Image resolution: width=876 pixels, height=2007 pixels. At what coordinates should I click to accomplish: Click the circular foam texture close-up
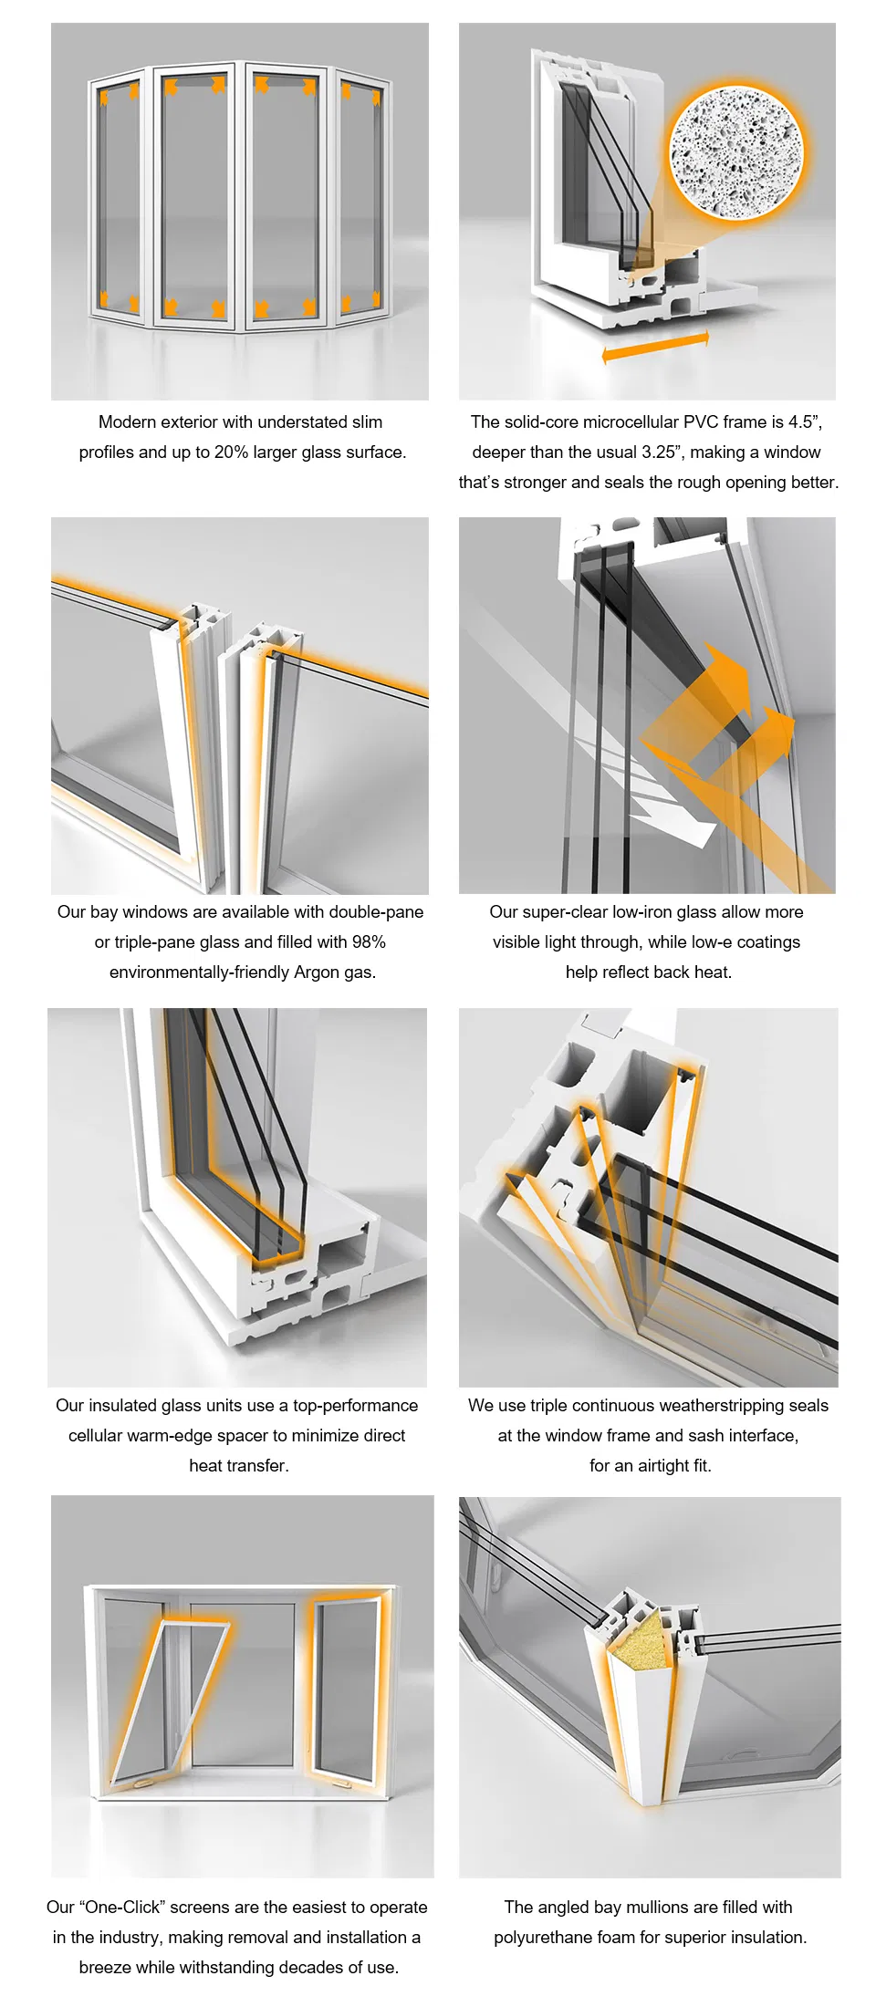coord(737,152)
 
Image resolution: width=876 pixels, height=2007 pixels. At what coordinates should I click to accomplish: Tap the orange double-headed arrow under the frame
coord(655,348)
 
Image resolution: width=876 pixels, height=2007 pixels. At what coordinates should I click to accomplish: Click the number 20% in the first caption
coord(231,452)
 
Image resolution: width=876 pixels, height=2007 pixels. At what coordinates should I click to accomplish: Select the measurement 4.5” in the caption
coord(804,421)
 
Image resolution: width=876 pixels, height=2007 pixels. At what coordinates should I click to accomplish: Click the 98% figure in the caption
coord(369,941)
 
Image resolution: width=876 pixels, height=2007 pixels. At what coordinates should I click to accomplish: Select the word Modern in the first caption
coord(127,421)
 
